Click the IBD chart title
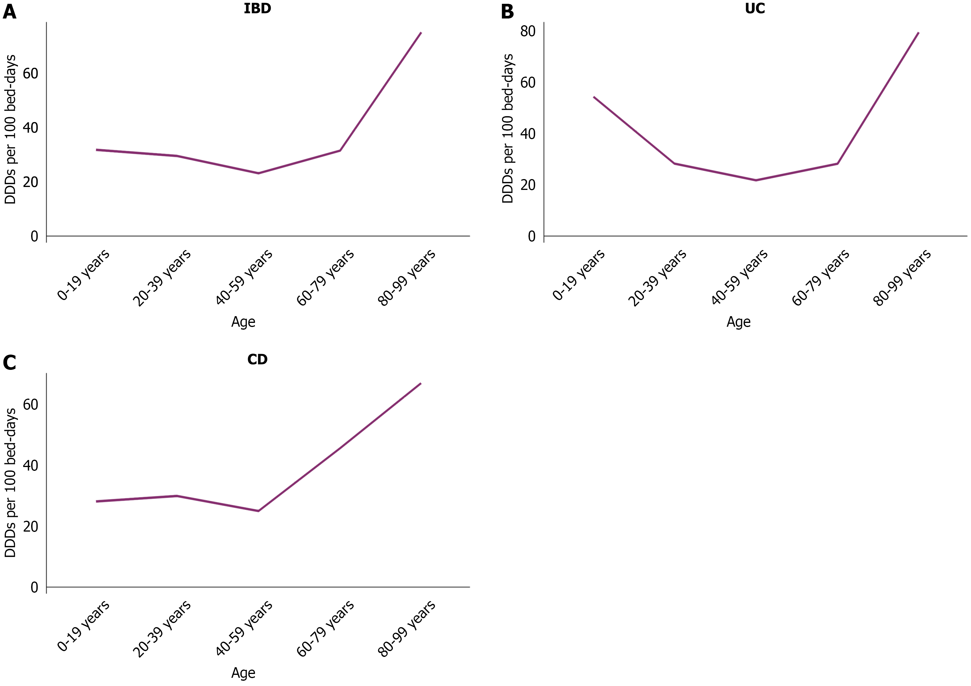point(257,9)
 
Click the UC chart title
point(755,9)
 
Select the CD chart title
point(257,359)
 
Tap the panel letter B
point(507,11)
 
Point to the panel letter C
point(9,363)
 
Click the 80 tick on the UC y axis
point(528,31)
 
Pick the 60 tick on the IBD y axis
point(31,74)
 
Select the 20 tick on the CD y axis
point(31,526)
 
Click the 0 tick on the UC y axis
point(531,236)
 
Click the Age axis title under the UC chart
point(738,322)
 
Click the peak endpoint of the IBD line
point(421,33)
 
